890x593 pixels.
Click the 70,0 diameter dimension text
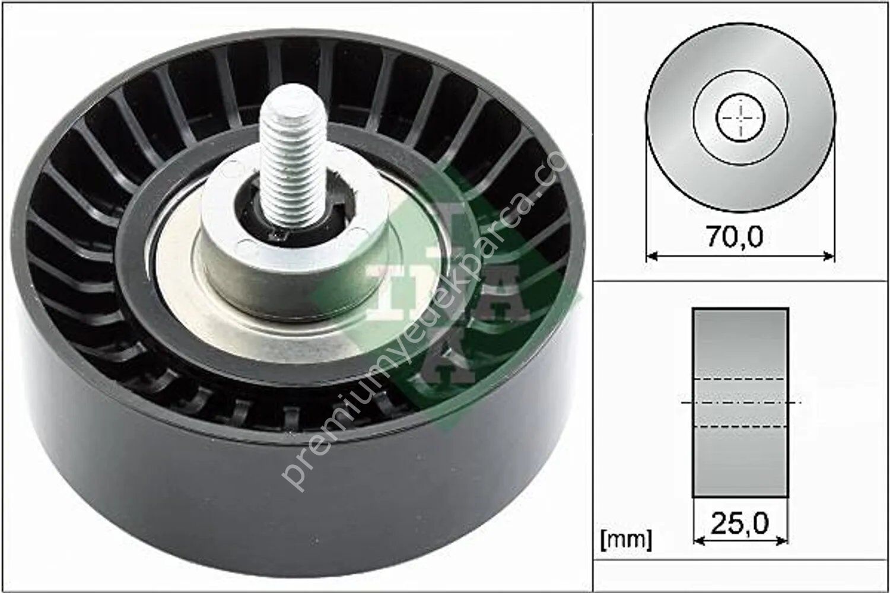click(734, 237)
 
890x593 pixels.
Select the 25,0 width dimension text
click(740, 523)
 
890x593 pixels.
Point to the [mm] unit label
click(626, 540)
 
